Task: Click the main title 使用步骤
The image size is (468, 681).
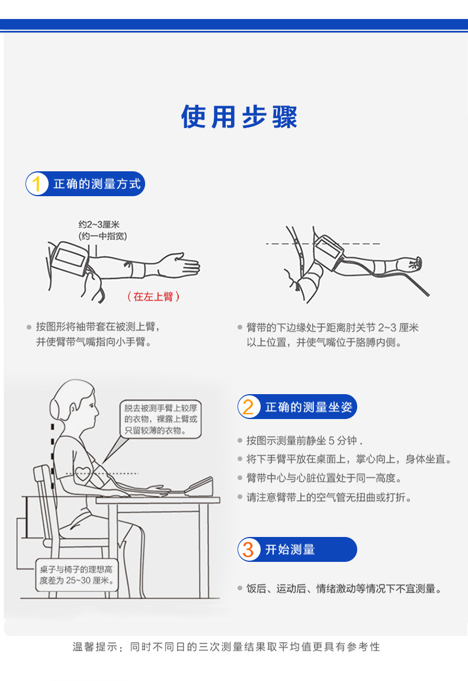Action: click(x=239, y=117)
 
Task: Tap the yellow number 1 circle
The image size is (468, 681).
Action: click(x=37, y=184)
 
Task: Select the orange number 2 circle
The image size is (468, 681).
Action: click(x=249, y=407)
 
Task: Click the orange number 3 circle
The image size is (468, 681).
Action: click(x=249, y=549)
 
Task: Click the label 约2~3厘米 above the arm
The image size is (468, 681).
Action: click(x=99, y=225)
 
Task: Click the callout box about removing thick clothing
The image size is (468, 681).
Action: click(x=160, y=419)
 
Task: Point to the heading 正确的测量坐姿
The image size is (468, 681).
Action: click(x=308, y=407)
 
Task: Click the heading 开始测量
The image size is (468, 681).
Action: click(x=290, y=549)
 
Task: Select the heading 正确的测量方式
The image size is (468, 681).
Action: click(x=97, y=184)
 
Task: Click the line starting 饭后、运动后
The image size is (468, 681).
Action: click(x=344, y=589)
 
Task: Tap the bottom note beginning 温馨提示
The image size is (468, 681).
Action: click(x=226, y=647)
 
